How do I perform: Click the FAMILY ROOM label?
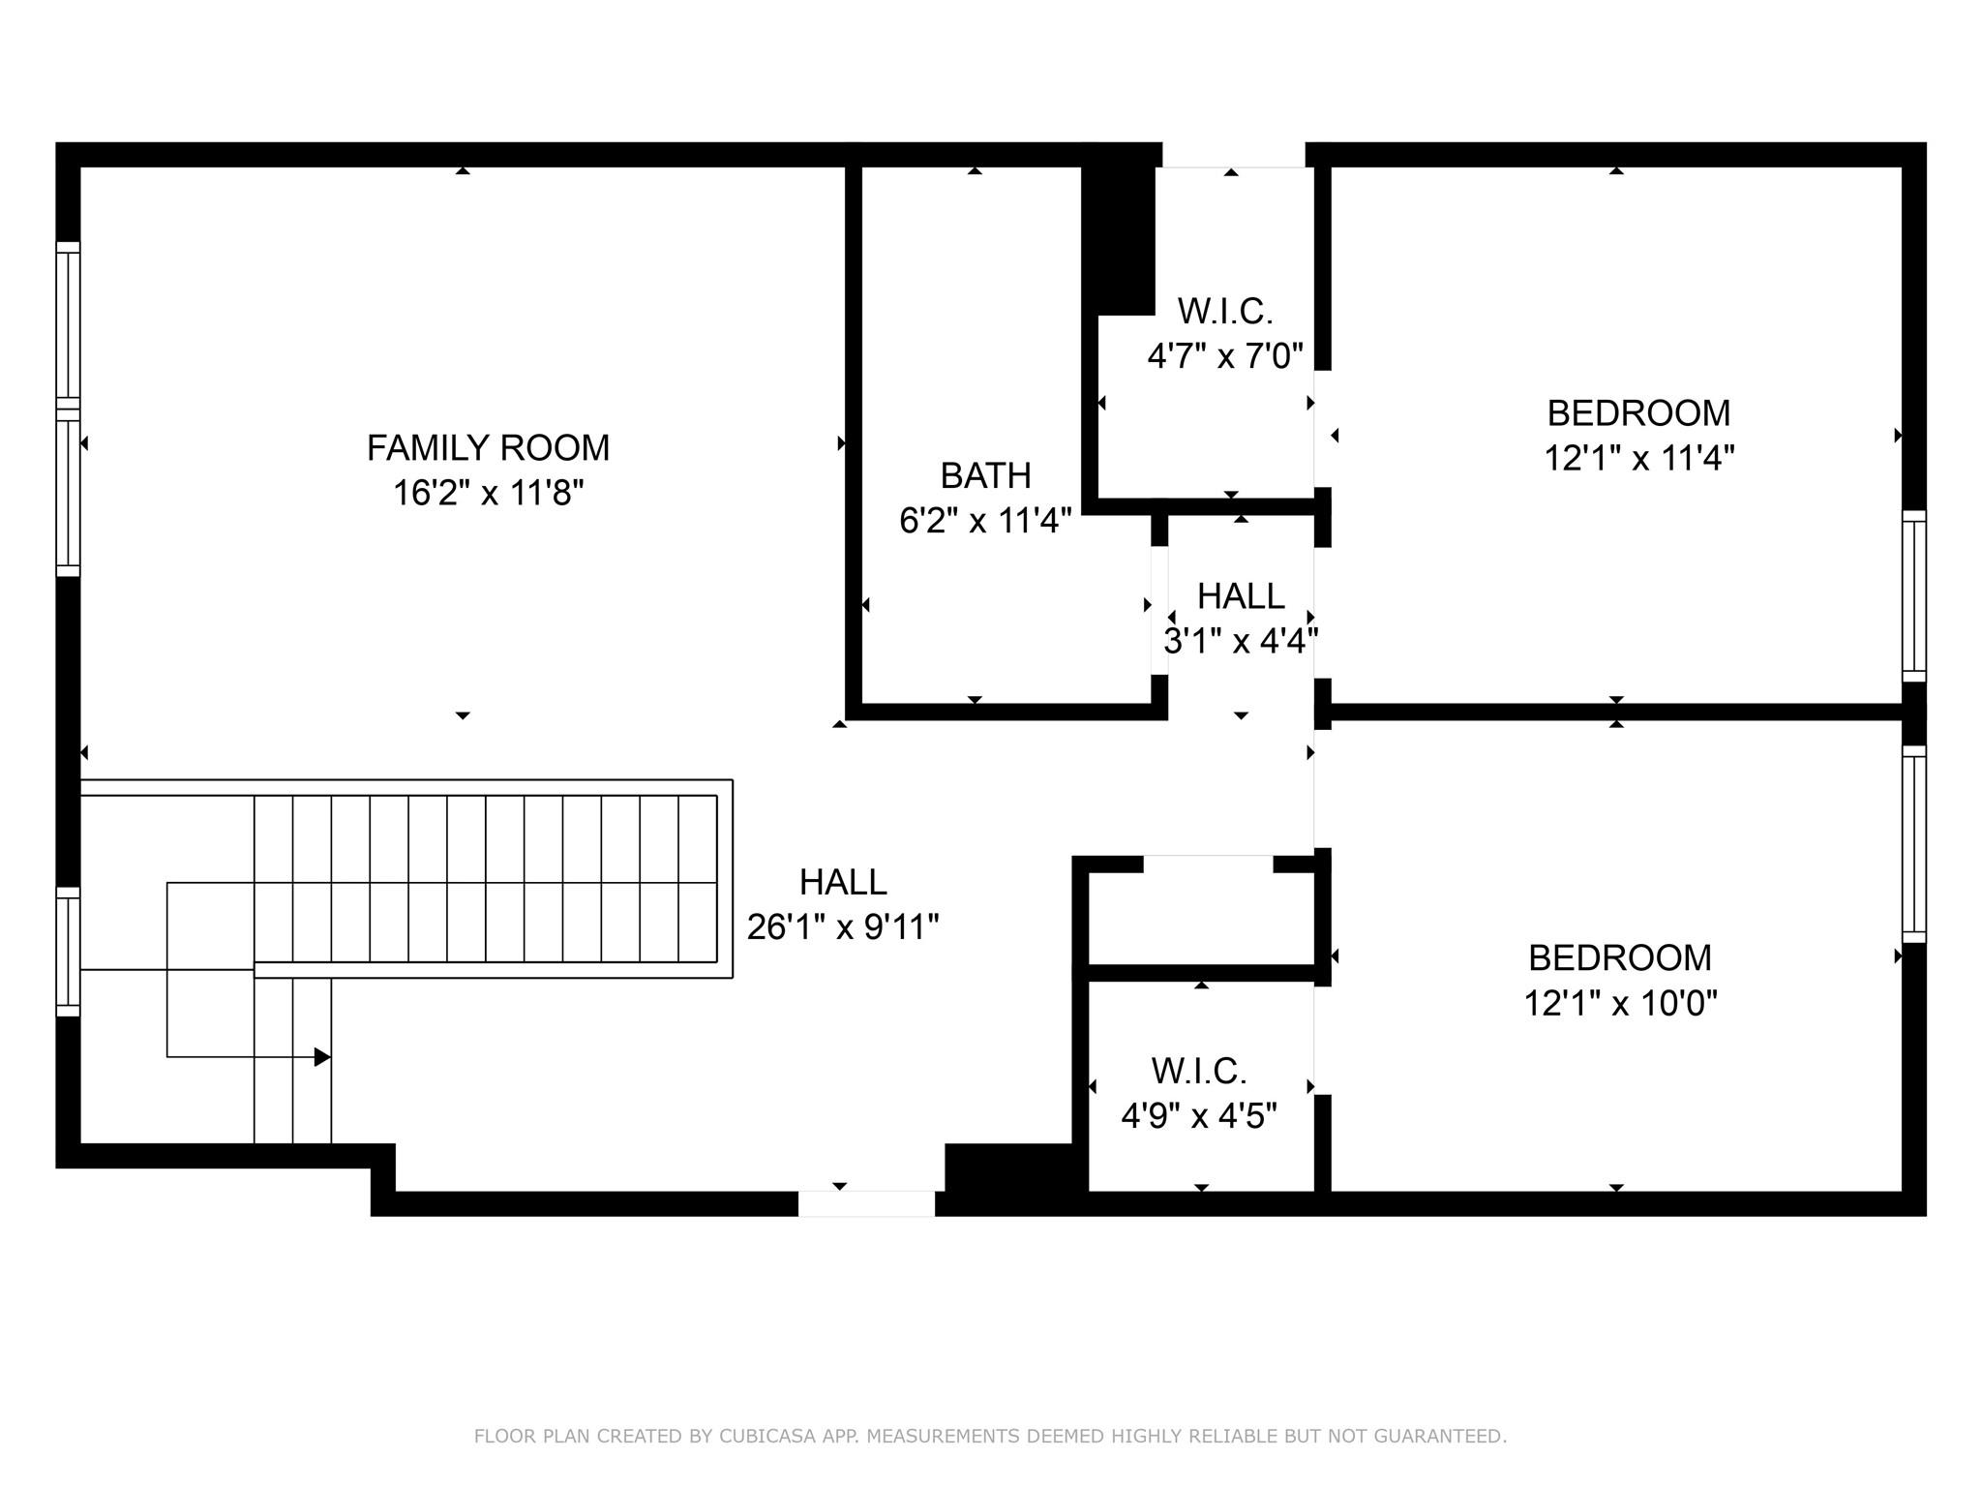pyautogui.click(x=488, y=448)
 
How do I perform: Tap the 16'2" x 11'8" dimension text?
pyautogui.click(x=488, y=494)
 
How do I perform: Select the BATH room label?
pyautogui.click(x=985, y=475)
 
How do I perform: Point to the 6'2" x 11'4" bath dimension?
pyautogui.click(x=985, y=522)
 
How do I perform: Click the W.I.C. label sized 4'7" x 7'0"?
pyautogui.click(x=1224, y=312)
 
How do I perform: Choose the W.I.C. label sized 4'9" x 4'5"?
pyautogui.click(x=1199, y=1072)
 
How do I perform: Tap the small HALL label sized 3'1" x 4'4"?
pyautogui.click(x=1241, y=596)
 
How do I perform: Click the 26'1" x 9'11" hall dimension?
pyautogui.click(x=842, y=927)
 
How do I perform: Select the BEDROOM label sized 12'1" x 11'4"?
pyautogui.click(x=1638, y=413)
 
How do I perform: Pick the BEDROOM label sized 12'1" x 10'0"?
pyautogui.click(x=1619, y=957)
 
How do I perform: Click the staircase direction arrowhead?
pyautogui.click(x=322, y=1057)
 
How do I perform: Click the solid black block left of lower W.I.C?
pyautogui.click(x=1008, y=1169)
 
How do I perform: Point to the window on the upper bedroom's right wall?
pyautogui.click(x=1913, y=596)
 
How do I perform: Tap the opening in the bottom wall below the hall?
pyautogui.click(x=866, y=1203)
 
